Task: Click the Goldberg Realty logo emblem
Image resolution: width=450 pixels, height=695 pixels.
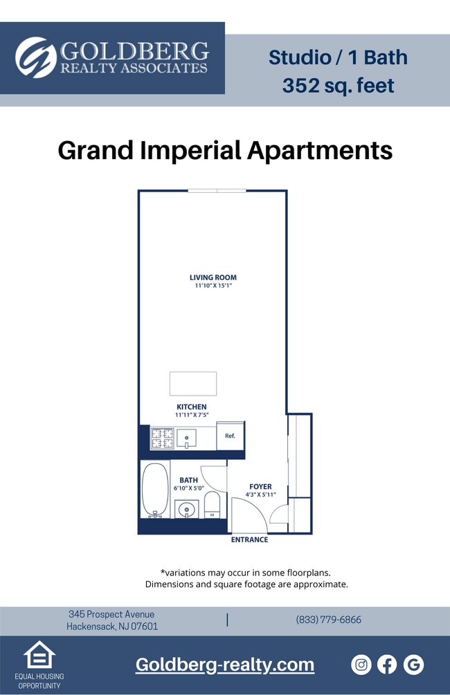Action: (36, 57)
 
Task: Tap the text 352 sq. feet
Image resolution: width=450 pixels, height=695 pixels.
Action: (338, 86)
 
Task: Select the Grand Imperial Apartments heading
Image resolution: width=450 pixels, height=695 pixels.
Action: (225, 150)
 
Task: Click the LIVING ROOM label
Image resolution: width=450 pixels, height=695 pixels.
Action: (213, 277)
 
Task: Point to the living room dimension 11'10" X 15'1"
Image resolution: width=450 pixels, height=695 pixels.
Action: (213, 286)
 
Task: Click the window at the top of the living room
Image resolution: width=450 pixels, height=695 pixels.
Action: (217, 191)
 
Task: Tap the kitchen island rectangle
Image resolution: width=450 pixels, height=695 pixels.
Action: (193, 383)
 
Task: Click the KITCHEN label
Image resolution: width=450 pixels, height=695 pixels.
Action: (192, 407)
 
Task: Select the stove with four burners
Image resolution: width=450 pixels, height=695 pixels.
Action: (162, 438)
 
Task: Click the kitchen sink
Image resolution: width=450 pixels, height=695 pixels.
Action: (186, 438)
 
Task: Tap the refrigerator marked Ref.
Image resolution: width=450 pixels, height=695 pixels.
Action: (231, 436)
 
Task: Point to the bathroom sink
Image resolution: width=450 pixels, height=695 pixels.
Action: (186, 510)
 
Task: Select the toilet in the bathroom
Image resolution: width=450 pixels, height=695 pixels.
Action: (212, 505)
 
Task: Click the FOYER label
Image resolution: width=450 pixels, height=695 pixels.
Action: (260, 486)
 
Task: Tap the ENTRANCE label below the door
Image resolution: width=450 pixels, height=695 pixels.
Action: (249, 539)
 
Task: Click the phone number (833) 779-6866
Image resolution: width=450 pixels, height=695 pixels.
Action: (328, 620)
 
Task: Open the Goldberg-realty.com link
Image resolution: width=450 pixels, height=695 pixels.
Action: (224, 665)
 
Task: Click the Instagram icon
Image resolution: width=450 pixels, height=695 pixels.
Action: (361, 665)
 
